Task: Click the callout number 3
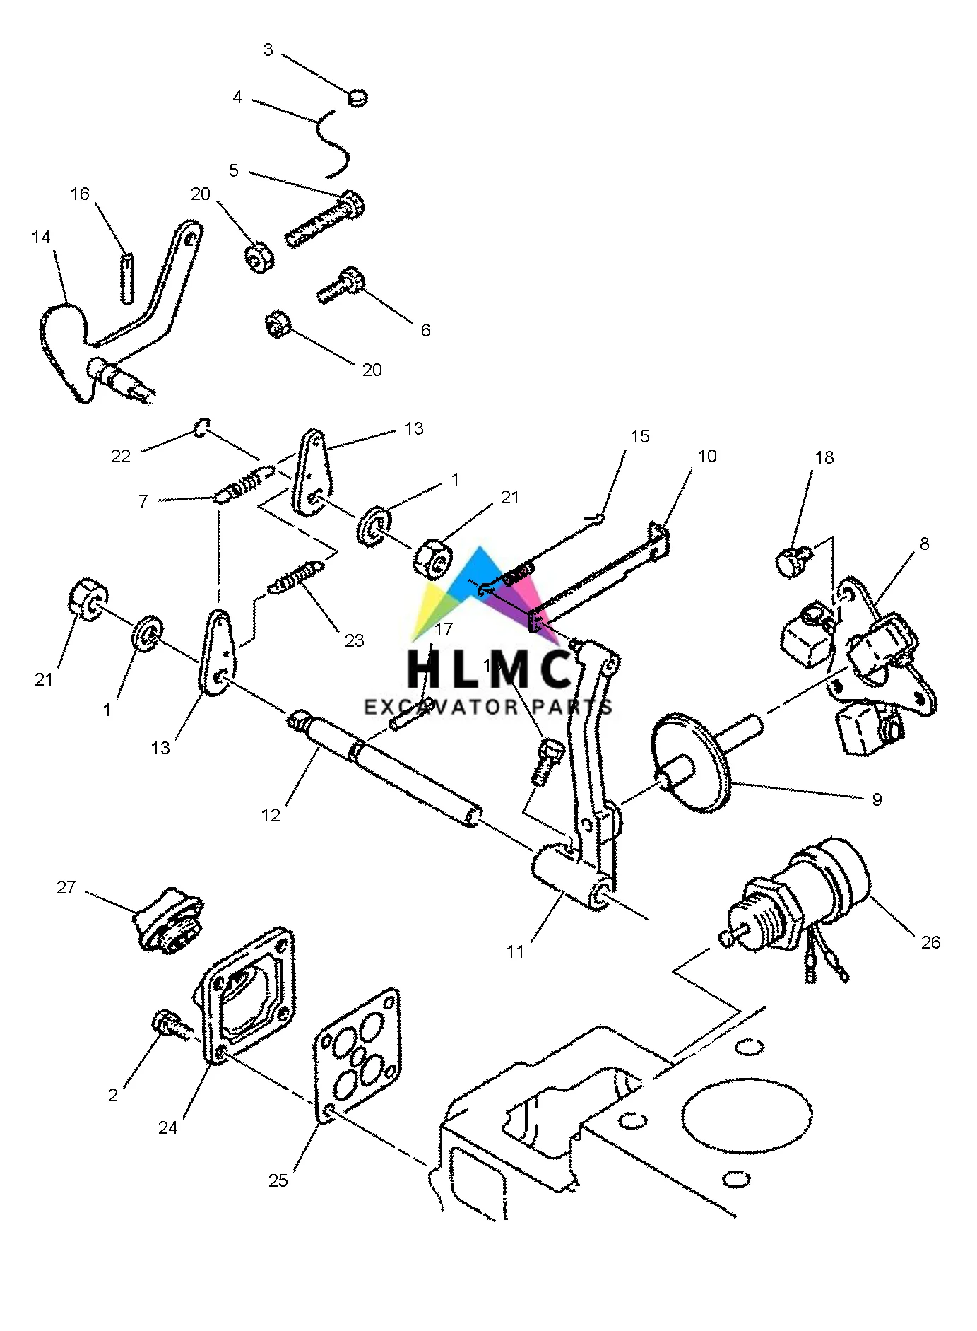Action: tap(268, 49)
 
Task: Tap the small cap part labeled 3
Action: tap(358, 97)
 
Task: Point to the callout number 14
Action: tap(41, 238)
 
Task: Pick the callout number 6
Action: tap(425, 330)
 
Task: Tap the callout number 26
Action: tap(930, 942)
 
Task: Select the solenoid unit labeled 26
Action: tap(798, 898)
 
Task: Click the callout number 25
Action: tap(278, 1180)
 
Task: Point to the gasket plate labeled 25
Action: tap(357, 1053)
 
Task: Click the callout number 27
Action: tap(66, 887)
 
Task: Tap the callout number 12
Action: tap(271, 815)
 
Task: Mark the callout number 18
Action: tap(824, 458)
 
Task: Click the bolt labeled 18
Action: tap(791, 562)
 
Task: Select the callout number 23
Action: tap(355, 640)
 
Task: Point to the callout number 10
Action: tap(707, 457)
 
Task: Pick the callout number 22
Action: tap(121, 457)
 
